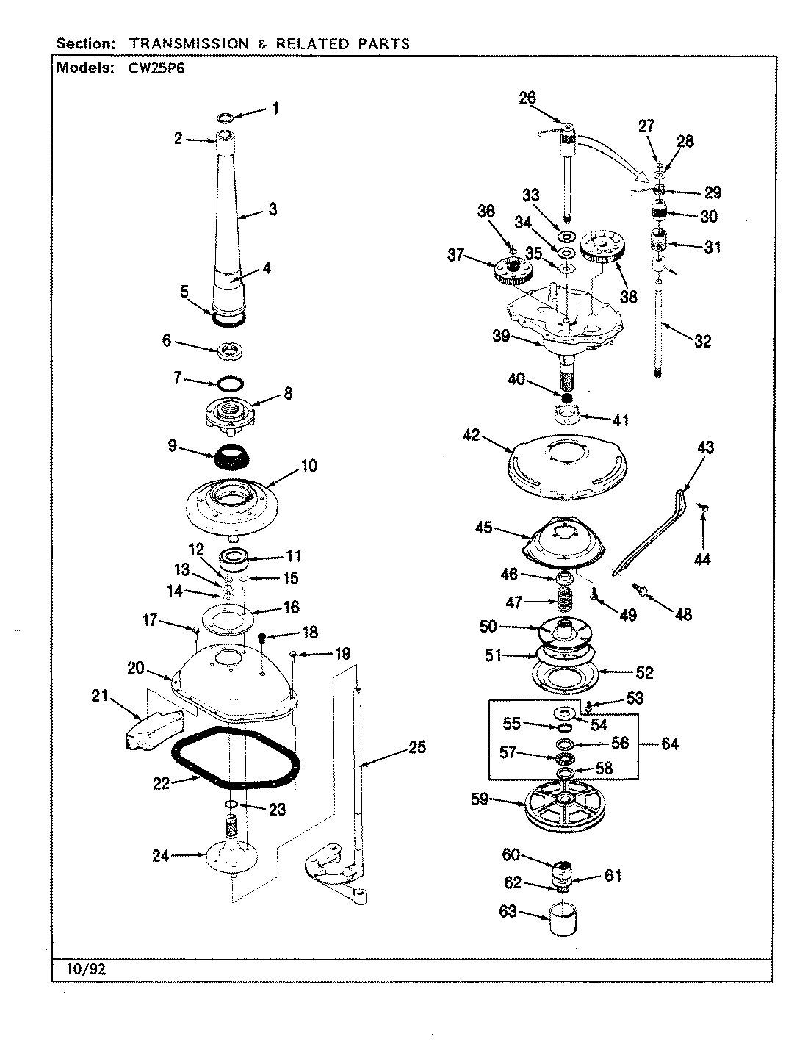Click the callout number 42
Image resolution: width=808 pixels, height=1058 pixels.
471,436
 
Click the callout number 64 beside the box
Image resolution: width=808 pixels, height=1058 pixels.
669,744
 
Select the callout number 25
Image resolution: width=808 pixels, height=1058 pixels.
416,749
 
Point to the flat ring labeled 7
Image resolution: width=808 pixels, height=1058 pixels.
229,383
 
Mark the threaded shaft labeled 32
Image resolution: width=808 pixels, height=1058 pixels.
659,323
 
